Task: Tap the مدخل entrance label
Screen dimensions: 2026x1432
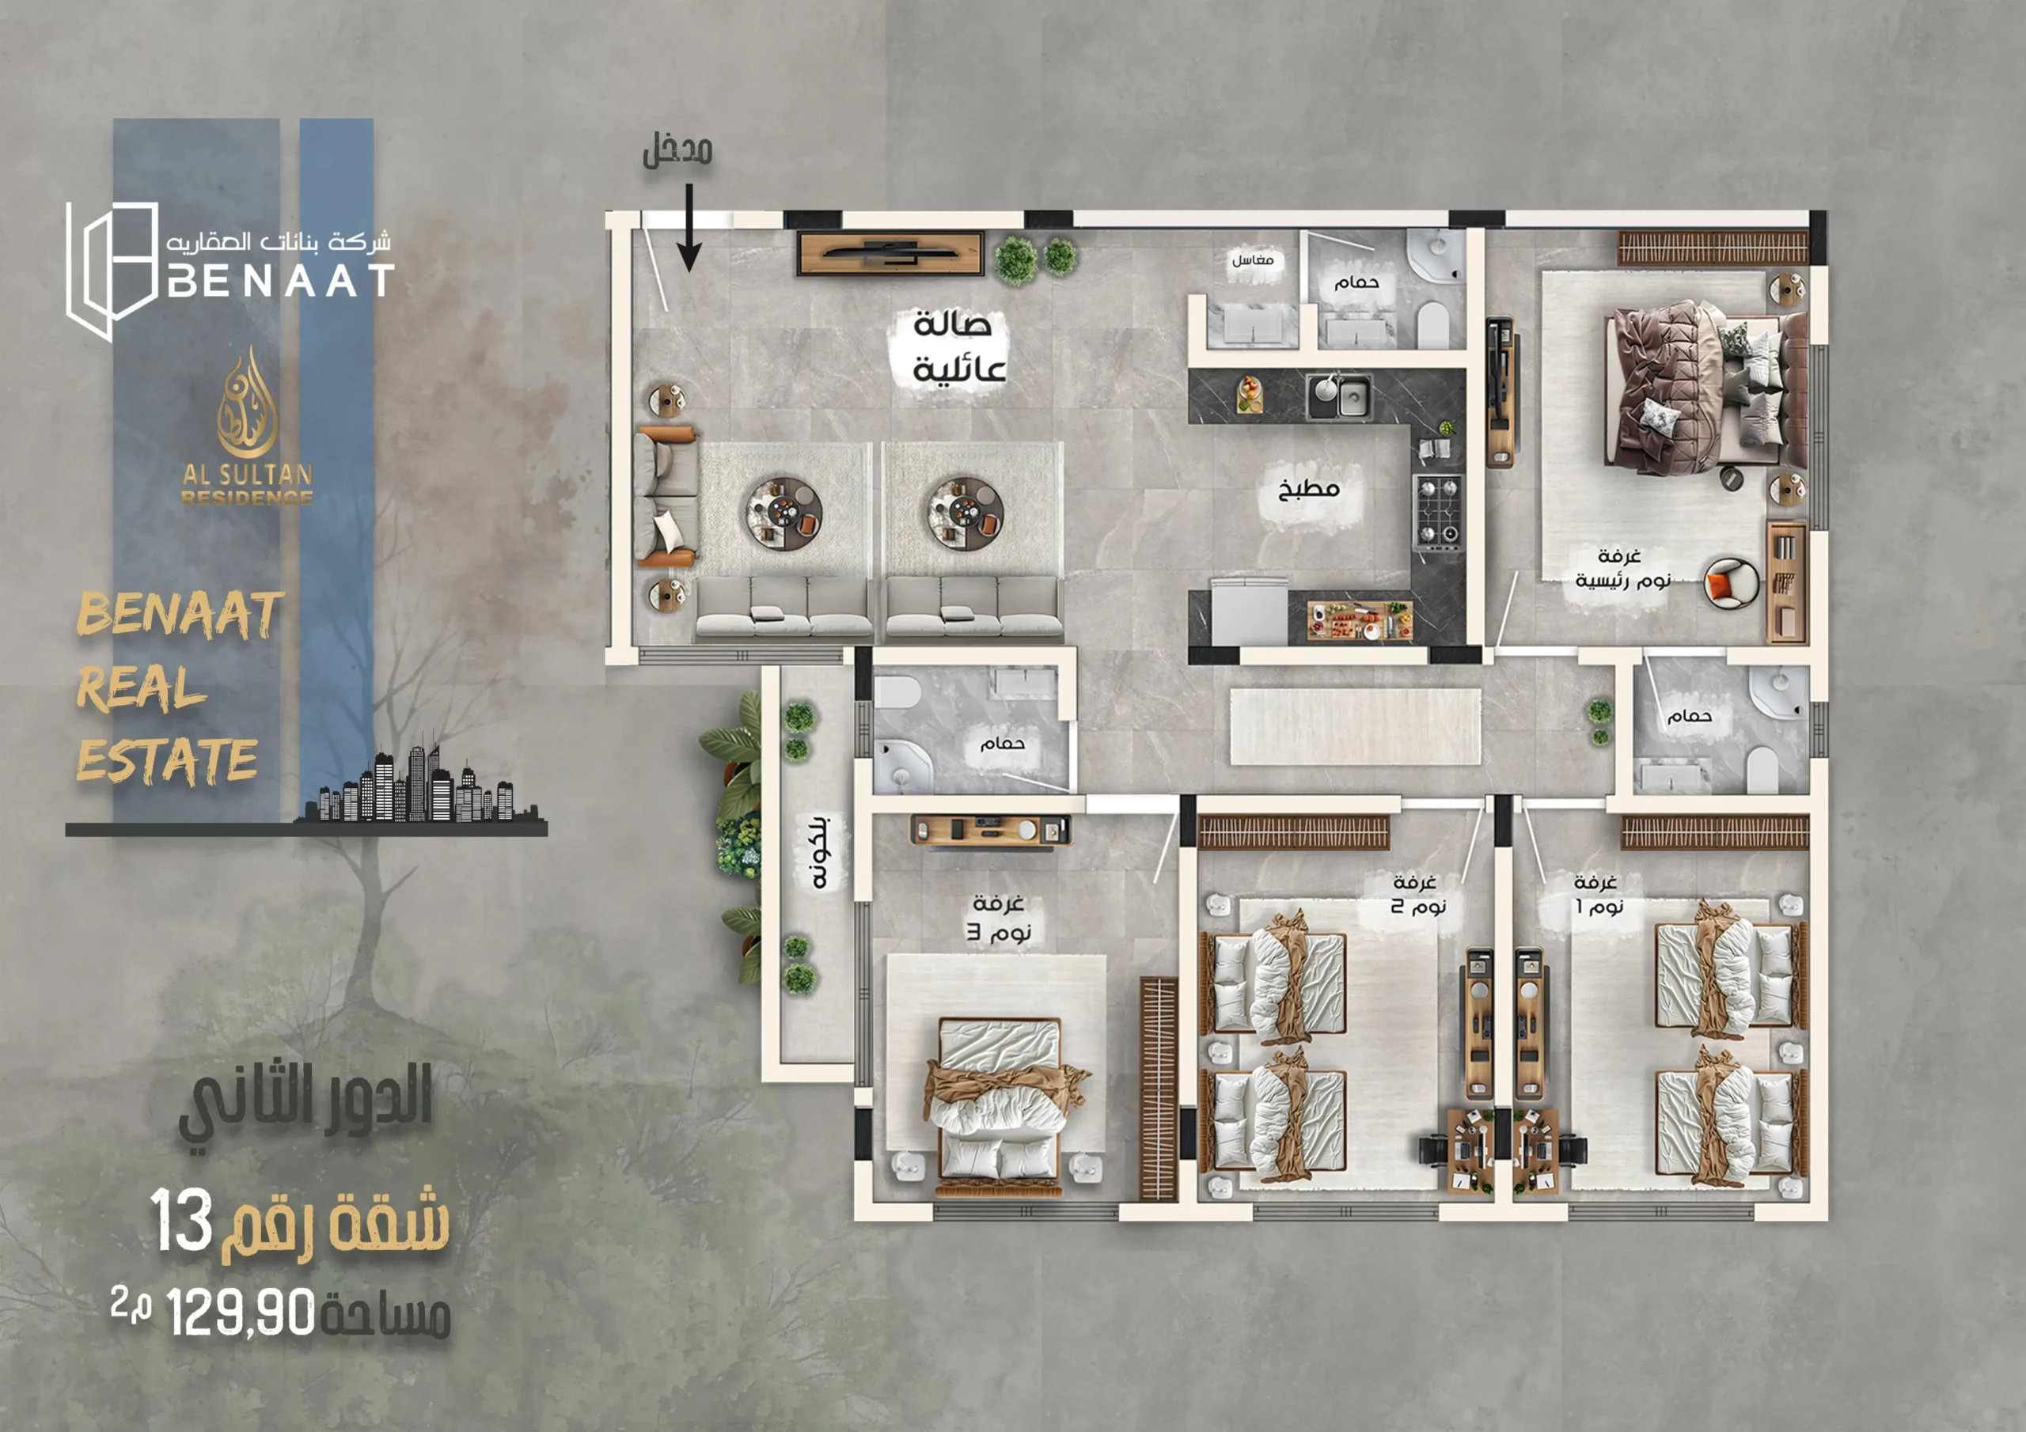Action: coord(677,151)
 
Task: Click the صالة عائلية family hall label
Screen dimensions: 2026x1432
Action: coord(958,347)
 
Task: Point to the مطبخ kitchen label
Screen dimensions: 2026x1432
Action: coord(1310,490)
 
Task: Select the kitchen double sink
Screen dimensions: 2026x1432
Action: coord(1338,395)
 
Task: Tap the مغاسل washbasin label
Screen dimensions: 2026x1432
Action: coord(1253,260)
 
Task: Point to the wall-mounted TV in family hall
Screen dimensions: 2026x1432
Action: coord(890,254)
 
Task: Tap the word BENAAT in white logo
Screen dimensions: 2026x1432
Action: coord(279,282)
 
